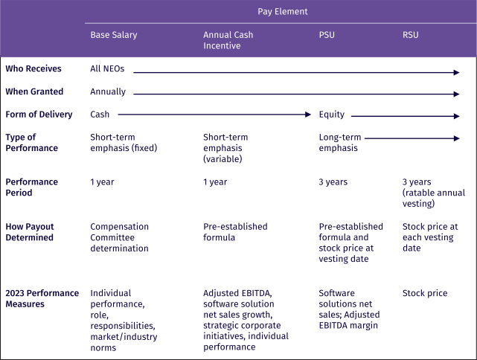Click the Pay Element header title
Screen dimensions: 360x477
click(282, 11)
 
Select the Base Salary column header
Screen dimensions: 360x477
click(114, 35)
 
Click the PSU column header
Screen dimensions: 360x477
click(327, 35)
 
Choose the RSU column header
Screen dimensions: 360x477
click(411, 35)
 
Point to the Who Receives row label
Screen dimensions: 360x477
click(33, 69)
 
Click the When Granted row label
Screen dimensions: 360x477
click(34, 91)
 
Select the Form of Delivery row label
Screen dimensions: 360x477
click(39, 115)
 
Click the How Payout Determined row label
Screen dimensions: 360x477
click(30, 232)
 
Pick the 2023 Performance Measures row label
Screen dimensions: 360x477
click(42, 298)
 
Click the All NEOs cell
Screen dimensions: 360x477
click(107, 69)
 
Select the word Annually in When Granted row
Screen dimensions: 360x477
click(108, 91)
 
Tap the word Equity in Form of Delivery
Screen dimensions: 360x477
click(332, 115)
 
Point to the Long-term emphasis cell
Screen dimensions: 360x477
click(339, 143)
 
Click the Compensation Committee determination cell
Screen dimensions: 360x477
click(120, 237)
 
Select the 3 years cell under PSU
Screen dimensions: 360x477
click(333, 182)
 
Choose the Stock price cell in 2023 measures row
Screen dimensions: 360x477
click(425, 293)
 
